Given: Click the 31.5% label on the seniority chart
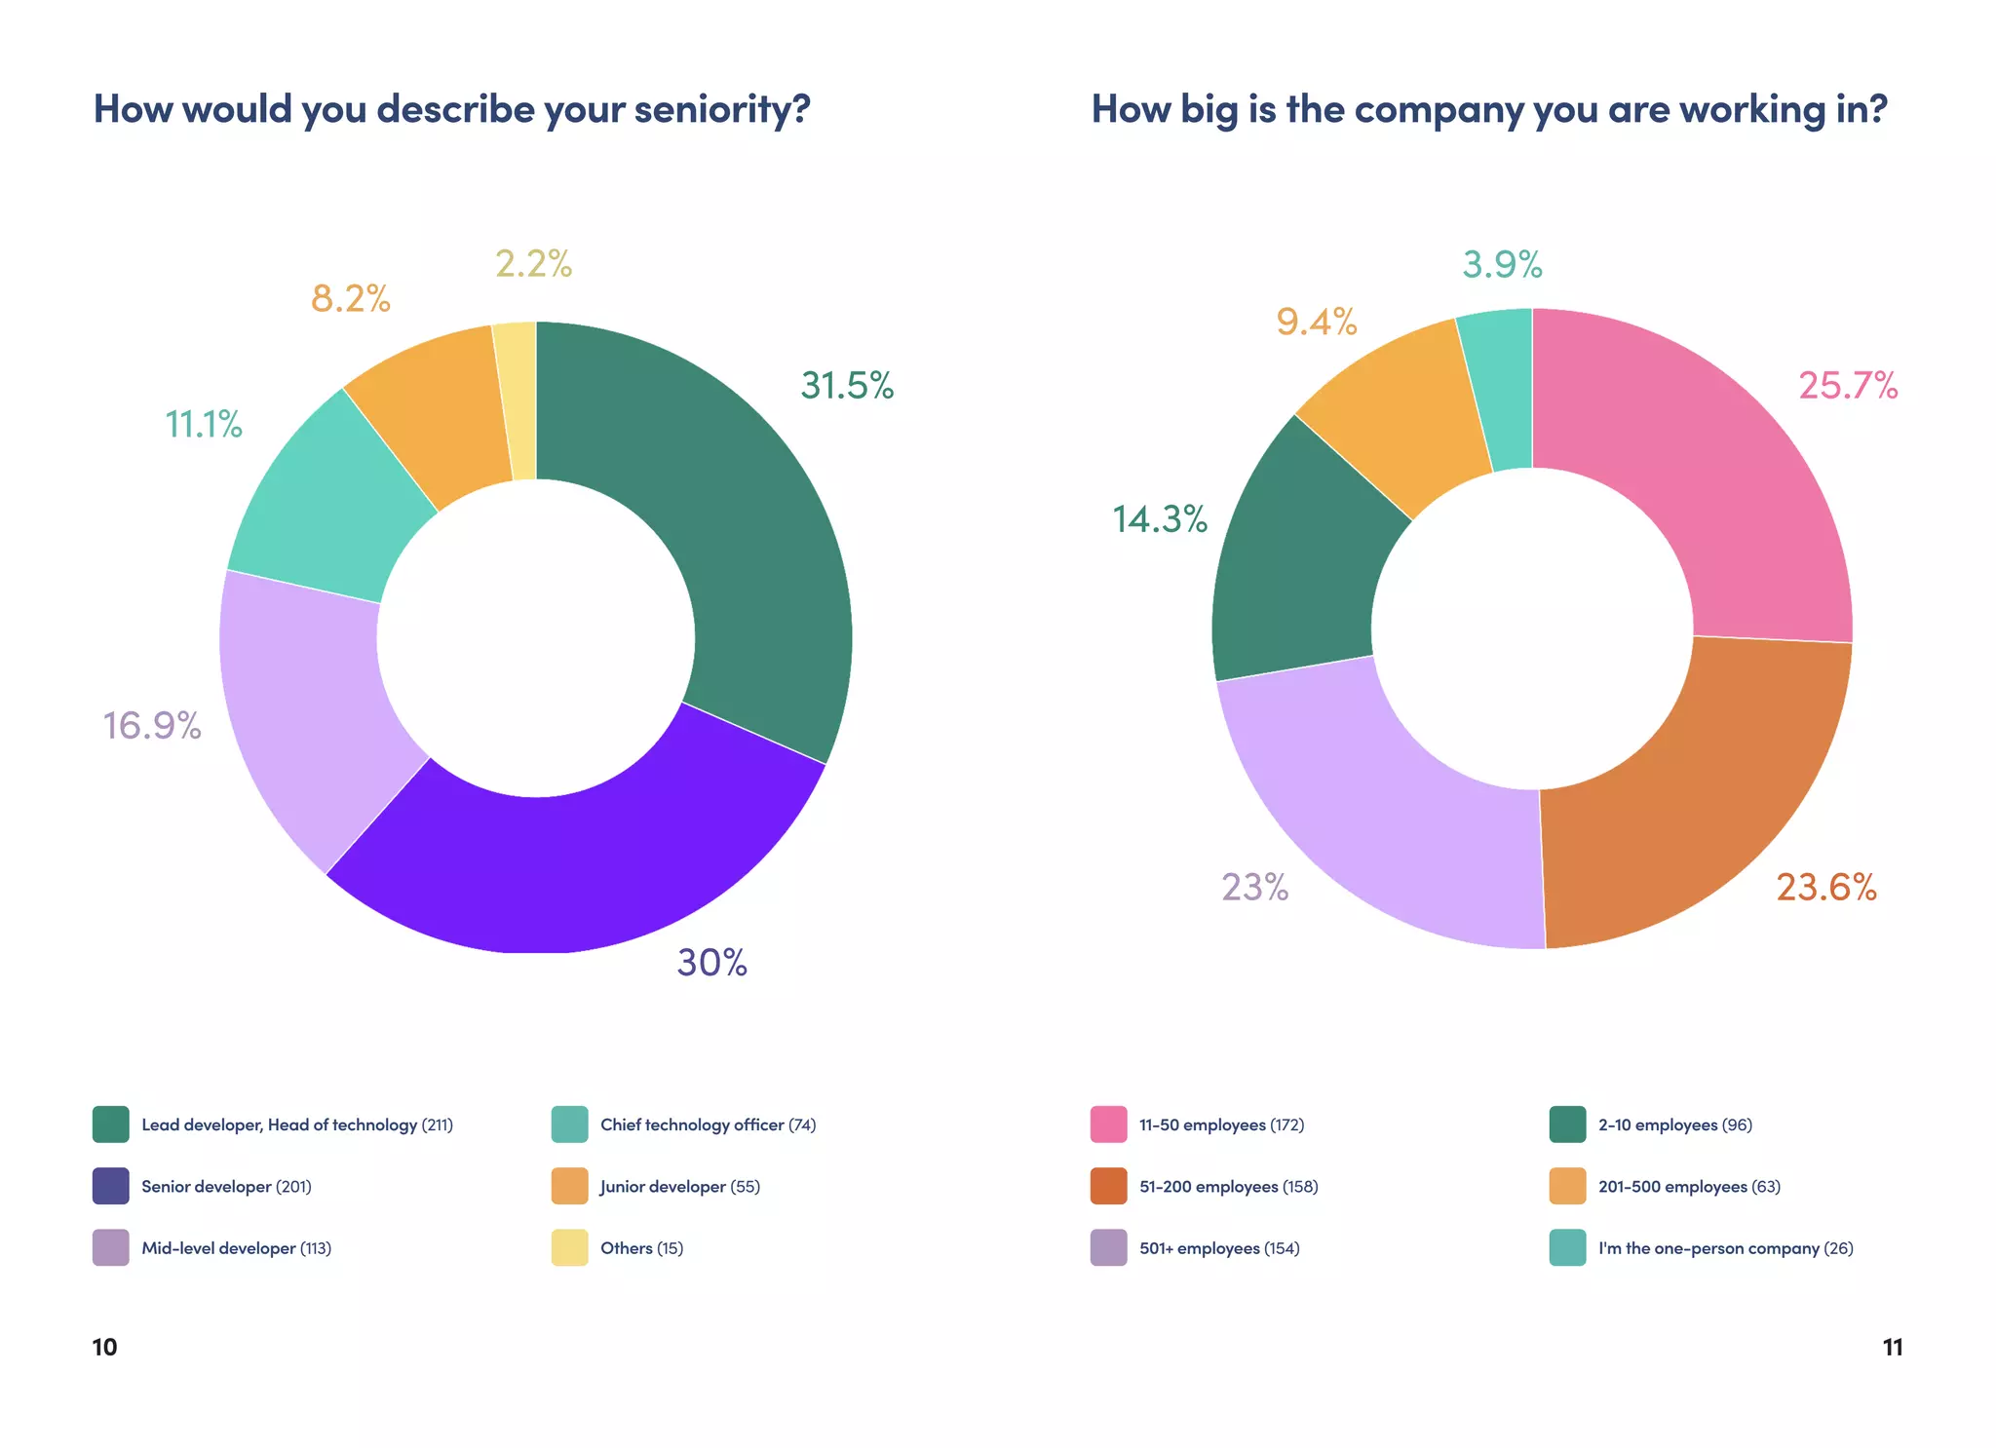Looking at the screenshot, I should click(x=846, y=386).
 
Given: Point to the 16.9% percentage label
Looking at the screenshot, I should click(x=152, y=726).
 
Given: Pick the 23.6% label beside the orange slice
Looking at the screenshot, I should click(x=1825, y=888).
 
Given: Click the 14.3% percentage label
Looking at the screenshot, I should click(x=1160, y=519).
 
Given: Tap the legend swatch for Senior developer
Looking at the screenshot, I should click(x=110, y=1186).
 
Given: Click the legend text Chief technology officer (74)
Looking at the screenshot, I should click(x=708, y=1124).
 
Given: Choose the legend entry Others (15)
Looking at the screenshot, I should click(x=641, y=1248).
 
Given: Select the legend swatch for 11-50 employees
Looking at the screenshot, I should click(x=1108, y=1124).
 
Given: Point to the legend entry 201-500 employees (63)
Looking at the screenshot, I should click(x=1689, y=1186).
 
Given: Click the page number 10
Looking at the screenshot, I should click(x=104, y=1347).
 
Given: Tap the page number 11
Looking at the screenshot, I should click(x=1892, y=1347).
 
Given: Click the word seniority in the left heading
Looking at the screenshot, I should click(x=722, y=109).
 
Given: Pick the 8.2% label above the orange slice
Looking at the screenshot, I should click(x=350, y=298).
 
